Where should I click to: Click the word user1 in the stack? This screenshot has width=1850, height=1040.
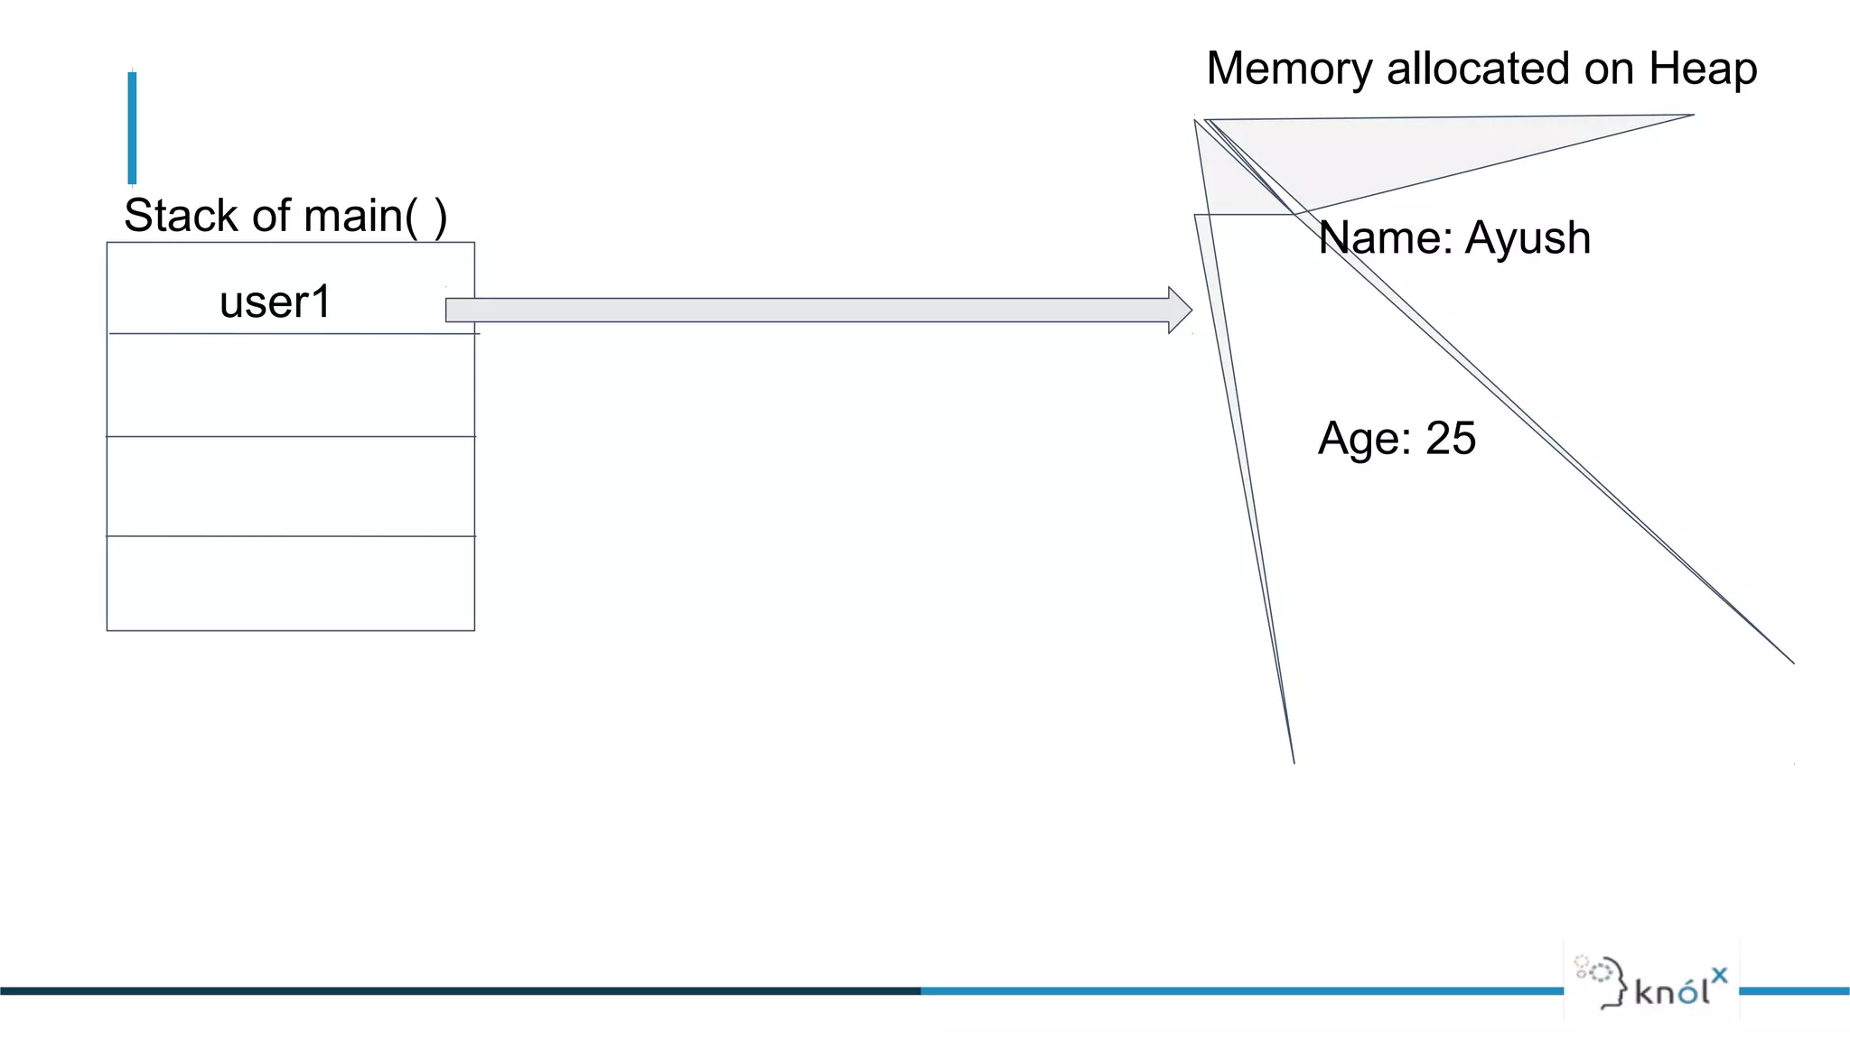276,302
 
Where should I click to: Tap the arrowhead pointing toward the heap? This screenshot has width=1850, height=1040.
1180,311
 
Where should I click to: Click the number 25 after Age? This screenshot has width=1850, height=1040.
1450,439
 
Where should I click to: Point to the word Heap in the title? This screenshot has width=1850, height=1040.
1703,70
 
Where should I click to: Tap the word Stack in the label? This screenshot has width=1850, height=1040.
181,216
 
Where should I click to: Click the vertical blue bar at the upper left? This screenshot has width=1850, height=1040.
132,127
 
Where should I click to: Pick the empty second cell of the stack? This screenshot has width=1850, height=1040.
290,385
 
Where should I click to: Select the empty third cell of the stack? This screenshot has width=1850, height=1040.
290,487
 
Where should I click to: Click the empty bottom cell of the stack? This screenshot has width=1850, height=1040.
290,583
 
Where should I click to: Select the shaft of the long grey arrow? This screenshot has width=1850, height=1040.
804,311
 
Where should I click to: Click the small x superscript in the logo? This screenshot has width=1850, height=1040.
1719,975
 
